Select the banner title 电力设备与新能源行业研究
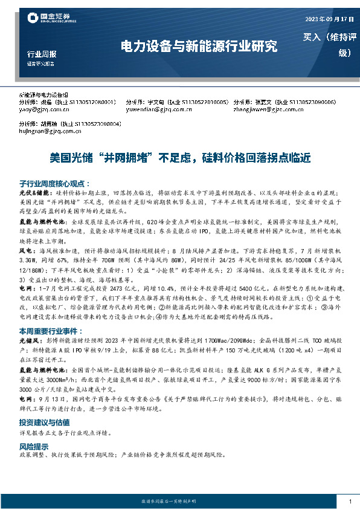[199, 45]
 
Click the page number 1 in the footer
[350, 501]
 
